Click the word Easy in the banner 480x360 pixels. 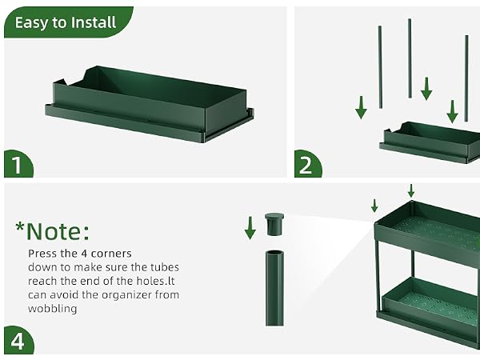tap(30, 23)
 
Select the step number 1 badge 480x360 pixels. tap(18, 164)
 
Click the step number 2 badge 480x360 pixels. tap(308, 164)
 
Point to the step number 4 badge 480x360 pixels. tap(18, 341)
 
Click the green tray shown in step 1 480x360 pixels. tap(150, 103)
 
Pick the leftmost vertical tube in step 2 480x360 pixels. tap(380, 67)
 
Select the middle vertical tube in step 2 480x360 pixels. tap(410, 58)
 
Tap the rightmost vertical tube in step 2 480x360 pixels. tap(466, 78)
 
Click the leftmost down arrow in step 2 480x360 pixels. tap(362, 107)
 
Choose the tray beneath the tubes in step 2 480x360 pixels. tap(430, 142)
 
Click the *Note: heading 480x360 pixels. tap(52, 231)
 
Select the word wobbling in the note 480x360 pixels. tap(52, 308)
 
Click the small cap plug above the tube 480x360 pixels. tap(274, 224)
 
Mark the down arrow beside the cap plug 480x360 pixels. tap(250, 228)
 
